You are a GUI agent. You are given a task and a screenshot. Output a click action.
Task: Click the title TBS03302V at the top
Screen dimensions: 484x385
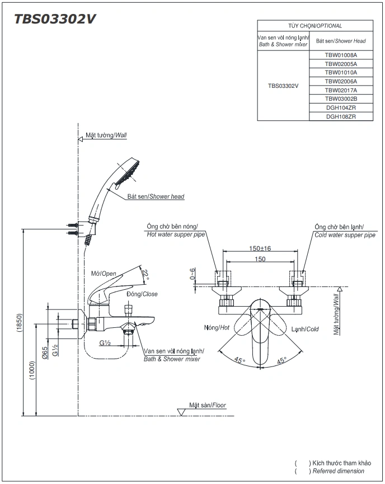[55, 19]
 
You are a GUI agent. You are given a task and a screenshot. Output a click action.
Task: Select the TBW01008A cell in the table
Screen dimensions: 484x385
[341, 55]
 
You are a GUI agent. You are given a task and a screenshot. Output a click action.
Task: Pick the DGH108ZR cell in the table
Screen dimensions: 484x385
[341, 116]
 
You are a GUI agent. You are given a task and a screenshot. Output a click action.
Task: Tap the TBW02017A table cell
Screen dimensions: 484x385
[341, 90]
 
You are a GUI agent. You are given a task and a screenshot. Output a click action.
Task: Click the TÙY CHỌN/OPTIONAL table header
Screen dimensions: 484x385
[315, 26]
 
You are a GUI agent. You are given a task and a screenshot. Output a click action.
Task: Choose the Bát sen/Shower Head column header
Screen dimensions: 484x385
[341, 41]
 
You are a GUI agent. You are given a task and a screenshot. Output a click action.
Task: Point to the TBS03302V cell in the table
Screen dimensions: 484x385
[283, 86]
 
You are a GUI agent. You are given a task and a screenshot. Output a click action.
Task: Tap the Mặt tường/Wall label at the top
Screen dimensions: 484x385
[106, 135]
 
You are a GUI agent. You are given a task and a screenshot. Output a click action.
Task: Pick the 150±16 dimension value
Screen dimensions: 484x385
[260, 248]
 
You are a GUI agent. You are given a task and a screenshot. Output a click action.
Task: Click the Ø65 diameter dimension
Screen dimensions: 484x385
[45, 352]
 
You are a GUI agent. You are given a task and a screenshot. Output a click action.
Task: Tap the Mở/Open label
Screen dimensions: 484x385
[104, 274]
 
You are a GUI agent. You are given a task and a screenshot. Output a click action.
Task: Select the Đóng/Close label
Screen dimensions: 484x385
[142, 294]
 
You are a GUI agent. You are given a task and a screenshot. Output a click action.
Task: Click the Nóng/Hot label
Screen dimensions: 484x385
[217, 328]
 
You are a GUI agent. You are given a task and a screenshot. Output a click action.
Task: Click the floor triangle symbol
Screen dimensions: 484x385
[181, 412]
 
